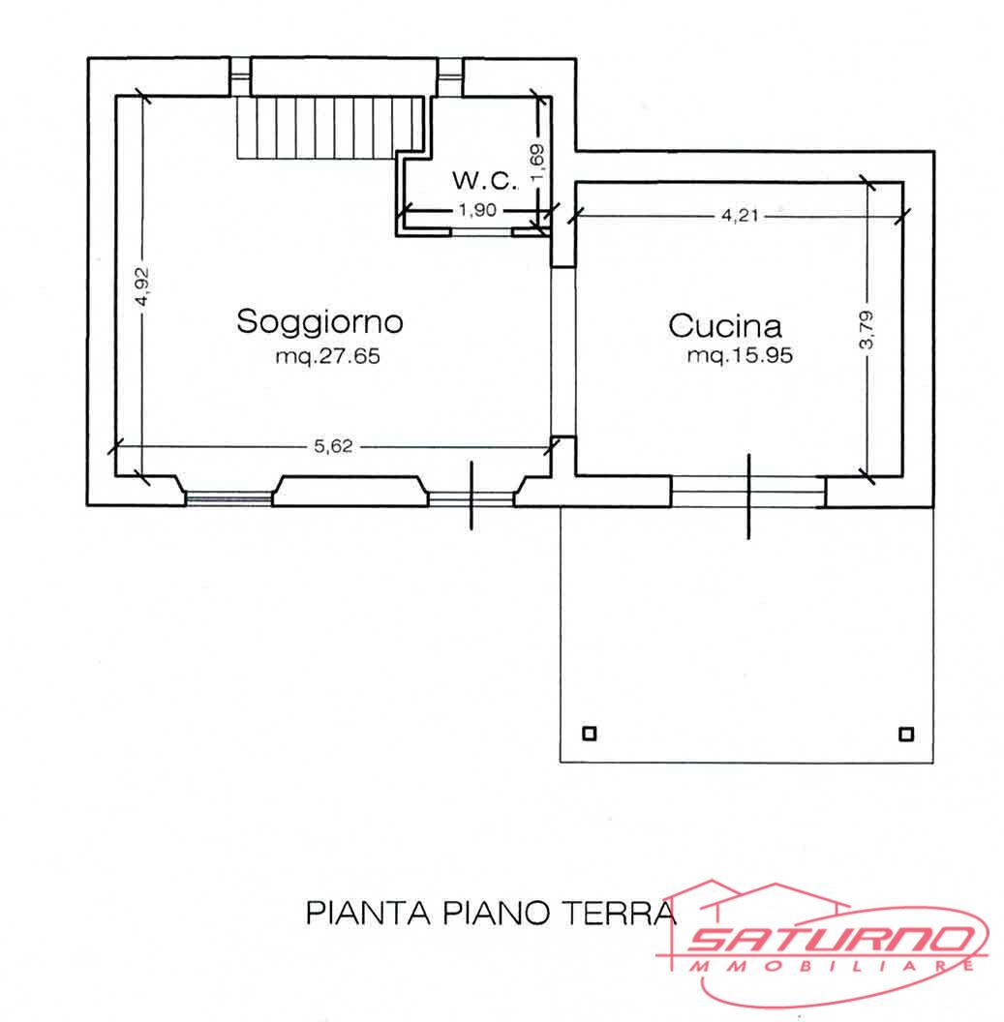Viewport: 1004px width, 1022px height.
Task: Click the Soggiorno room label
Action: click(319, 321)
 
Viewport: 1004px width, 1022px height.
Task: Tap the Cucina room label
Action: click(725, 325)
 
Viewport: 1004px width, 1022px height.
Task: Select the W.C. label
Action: click(478, 180)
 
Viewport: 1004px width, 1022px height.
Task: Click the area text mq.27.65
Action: click(328, 356)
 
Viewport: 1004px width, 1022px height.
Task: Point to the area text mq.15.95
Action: click(740, 356)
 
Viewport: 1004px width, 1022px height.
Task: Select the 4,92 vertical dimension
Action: click(142, 287)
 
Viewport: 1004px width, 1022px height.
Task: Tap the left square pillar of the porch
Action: click(589, 733)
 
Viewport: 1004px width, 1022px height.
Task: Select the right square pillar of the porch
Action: click(905, 733)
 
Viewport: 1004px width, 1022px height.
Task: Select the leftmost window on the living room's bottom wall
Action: click(228, 497)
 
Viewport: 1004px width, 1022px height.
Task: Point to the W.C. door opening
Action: click(481, 232)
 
